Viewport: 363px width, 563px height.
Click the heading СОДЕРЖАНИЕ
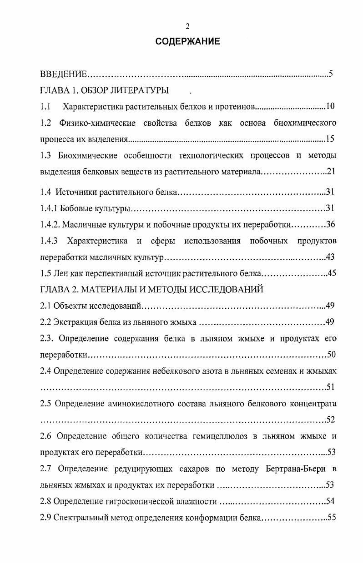(187, 42)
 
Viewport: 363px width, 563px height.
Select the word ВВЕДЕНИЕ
(63, 74)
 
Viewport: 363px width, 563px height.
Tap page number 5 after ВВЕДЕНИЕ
(331, 74)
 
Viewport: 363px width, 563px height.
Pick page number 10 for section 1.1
(330, 107)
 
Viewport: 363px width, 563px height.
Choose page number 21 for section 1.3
(331, 172)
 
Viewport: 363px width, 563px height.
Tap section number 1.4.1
(49, 208)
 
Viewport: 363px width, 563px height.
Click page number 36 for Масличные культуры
(331, 224)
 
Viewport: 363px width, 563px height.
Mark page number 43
(331, 257)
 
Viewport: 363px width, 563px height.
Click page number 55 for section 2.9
(331, 518)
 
